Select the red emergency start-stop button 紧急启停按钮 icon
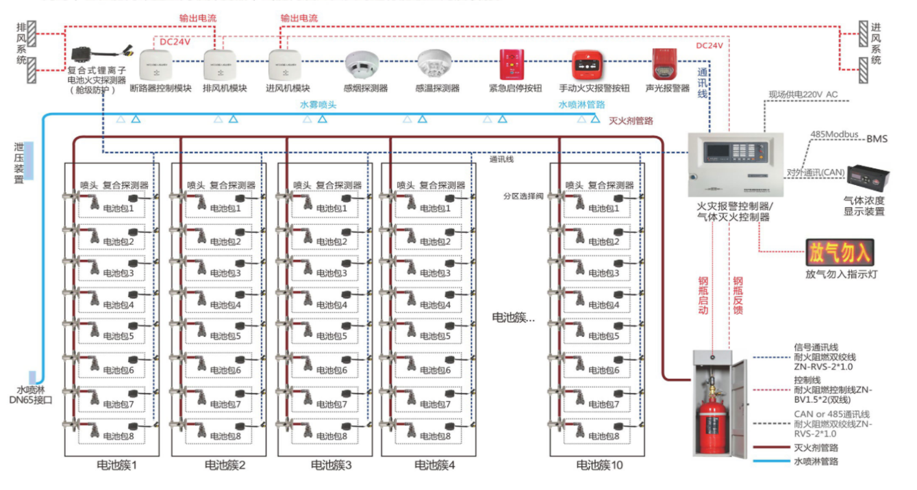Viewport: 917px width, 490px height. point(511,64)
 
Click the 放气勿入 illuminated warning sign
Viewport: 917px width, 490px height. point(840,251)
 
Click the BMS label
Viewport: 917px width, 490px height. point(876,138)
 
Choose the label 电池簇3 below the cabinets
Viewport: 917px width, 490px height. point(331,465)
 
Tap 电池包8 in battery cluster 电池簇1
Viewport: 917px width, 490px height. point(119,436)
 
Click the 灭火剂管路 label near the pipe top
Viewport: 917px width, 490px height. point(631,120)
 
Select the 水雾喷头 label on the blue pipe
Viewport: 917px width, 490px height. point(318,104)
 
